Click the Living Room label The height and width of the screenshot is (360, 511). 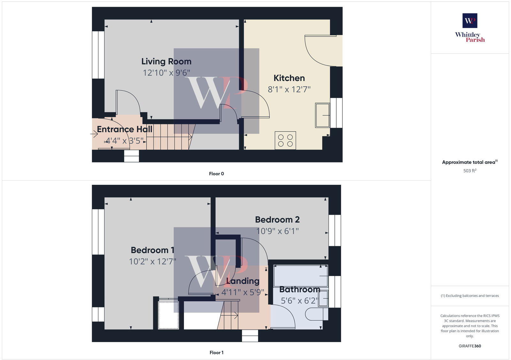pos(166,61)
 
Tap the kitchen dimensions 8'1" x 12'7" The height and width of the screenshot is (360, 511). pos(289,89)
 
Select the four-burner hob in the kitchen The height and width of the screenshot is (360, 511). pos(285,140)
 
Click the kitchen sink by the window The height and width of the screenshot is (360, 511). pos(323,115)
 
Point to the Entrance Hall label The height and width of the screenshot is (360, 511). pos(125,129)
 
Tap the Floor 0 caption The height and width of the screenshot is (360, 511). pos(216,174)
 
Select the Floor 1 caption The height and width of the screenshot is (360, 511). pos(216,352)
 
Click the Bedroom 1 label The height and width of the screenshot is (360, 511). pos(152,250)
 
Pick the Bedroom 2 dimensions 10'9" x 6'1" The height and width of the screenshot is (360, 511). pos(277,231)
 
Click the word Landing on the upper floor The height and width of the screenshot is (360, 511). pos(243,281)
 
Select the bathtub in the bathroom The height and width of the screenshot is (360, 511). pos(301,276)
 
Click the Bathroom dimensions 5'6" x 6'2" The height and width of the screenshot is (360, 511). pos(299,301)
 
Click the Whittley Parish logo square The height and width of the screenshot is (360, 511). pos(470,21)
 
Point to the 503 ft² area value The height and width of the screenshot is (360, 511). pos(470,171)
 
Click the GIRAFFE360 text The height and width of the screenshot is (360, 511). pos(470,346)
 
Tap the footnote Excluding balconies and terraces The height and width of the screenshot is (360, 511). pos(470,296)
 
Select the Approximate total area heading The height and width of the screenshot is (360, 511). pos(469,162)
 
